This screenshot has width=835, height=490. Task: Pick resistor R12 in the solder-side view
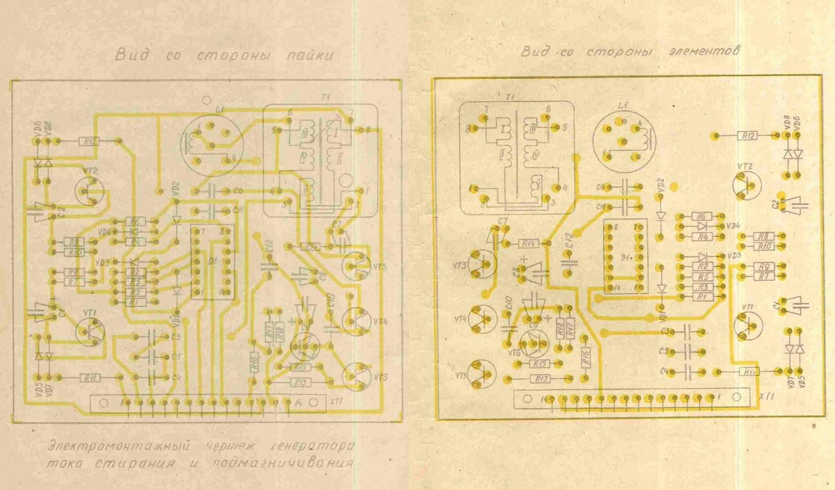pos(89,141)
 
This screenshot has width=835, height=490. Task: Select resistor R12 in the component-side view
pos(747,136)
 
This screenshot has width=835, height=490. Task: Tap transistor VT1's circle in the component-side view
pos(747,325)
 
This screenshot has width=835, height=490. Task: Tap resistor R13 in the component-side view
pos(542,379)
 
